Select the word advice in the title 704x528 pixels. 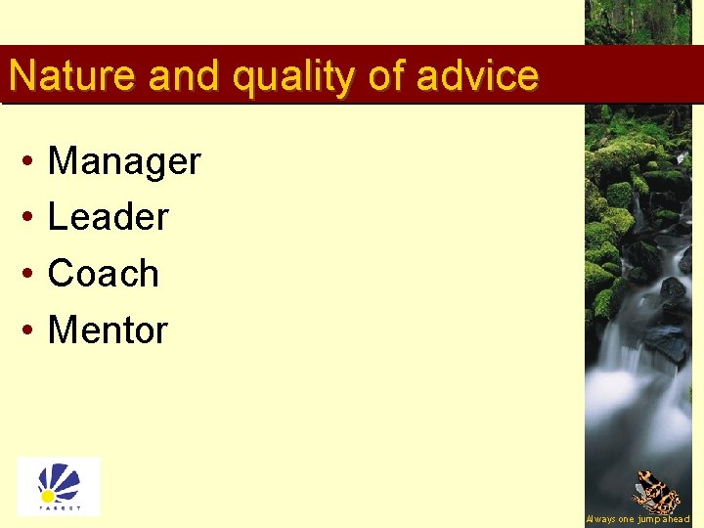[x=477, y=75]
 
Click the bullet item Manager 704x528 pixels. [x=124, y=161]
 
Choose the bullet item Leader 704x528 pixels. [x=109, y=217]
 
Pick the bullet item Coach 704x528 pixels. [x=104, y=274]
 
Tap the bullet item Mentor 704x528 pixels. [x=108, y=330]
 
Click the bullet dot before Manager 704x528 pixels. [x=29, y=161]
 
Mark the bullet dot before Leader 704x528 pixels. [x=29, y=217]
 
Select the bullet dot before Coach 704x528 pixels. [x=29, y=274]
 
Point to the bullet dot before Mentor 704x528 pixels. [x=29, y=330]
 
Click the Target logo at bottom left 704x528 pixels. [x=59, y=486]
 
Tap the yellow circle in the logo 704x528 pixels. [x=48, y=496]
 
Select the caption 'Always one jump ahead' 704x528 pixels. [x=638, y=519]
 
